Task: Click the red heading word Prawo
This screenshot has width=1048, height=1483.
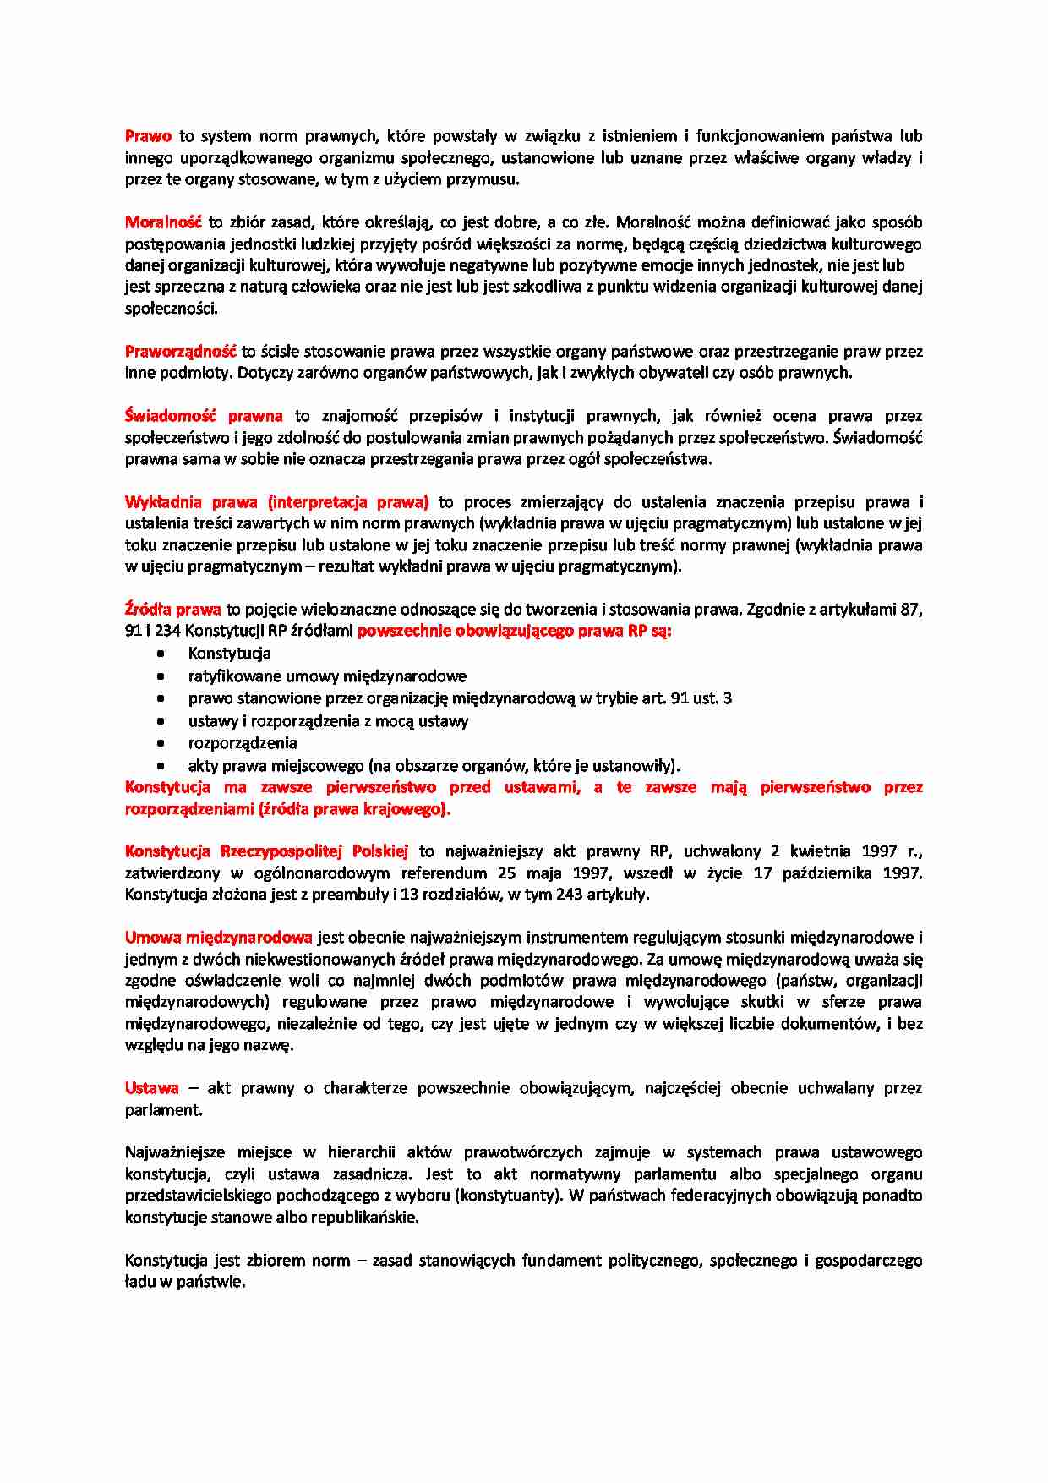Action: (148, 136)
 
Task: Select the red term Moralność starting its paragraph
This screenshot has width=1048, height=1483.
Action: (163, 222)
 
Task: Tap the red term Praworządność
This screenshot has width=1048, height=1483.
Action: (180, 351)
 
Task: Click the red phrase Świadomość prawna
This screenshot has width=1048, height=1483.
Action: (204, 416)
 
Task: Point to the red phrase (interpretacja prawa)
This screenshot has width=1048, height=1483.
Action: (348, 502)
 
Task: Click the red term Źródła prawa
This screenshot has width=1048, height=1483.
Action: (172, 610)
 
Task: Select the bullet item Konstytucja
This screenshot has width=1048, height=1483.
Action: (229, 654)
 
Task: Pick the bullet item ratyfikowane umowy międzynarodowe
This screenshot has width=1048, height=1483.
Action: (327, 676)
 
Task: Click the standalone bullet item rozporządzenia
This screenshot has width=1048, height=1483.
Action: (243, 743)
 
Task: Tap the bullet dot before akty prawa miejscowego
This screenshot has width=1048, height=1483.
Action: (161, 766)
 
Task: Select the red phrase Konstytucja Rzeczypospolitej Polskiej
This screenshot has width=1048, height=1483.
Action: (266, 851)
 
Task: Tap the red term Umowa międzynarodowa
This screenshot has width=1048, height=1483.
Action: (218, 938)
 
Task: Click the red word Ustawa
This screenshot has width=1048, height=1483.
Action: (152, 1088)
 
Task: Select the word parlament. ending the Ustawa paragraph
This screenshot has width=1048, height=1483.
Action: (164, 1110)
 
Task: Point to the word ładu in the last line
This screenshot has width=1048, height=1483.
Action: (140, 1282)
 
